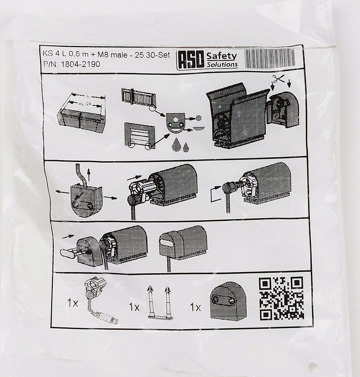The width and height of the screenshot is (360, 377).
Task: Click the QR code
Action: pyautogui.click(x=282, y=298)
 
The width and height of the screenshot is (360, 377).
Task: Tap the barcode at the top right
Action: pyautogui.click(x=270, y=58)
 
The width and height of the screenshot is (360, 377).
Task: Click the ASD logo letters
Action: pyautogui.click(x=190, y=60)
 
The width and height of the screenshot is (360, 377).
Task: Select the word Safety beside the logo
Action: pyautogui.click(x=222, y=56)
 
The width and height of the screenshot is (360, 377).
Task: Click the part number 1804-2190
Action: pyautogui.click(x=81, y=64)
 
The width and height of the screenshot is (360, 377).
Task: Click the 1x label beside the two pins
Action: pyautogui.click(x=134, y=307)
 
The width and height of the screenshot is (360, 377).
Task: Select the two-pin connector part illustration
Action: pyautogui.click(x=160, y=303)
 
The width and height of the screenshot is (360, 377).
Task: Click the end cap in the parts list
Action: pyautogui.click(x=228, y=302)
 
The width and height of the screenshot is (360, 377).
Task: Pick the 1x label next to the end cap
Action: pyautogui.click(x=195, y=307)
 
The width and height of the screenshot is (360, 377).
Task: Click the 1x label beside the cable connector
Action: pyautogui.click(x=73, y=303)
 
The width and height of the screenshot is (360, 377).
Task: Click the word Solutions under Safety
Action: pyautogui.click(x=222, y=64)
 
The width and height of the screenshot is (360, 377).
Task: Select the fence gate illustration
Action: pyautogui.click(x=139, y=97)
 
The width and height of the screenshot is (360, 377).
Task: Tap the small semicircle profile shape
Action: pyautogui.click(x=199, y=128)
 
